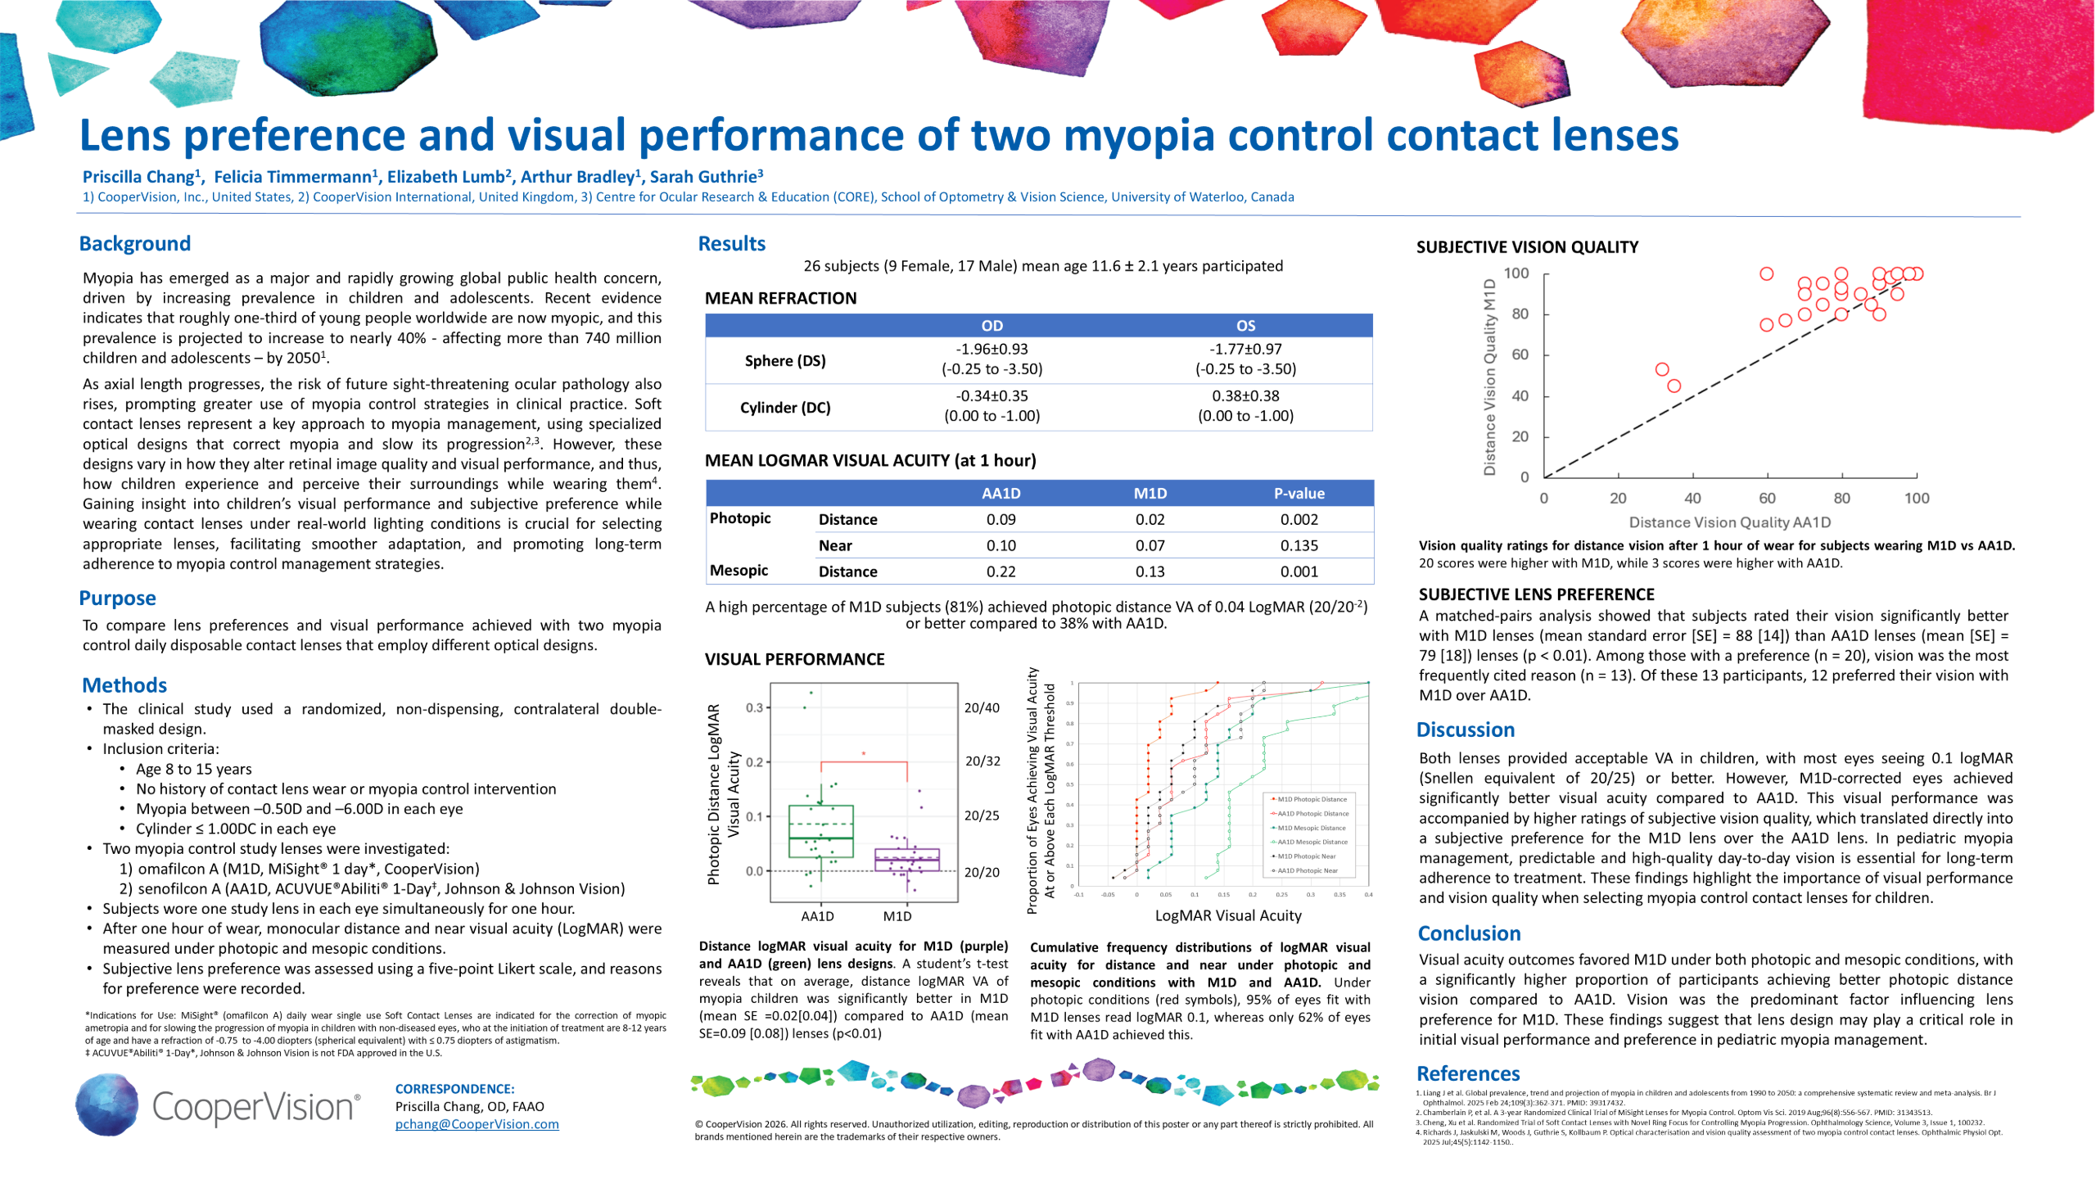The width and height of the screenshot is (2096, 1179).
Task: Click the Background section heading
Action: click(134, 244)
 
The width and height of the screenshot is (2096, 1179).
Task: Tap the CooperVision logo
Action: click(218, 1105)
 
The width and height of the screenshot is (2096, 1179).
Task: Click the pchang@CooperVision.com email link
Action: click(477, 1124)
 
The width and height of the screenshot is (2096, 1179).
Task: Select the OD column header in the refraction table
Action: click(992, 325)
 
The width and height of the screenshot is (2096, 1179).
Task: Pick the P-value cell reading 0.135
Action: click(1299, 545)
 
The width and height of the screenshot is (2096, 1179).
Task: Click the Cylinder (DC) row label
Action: click(784, 408)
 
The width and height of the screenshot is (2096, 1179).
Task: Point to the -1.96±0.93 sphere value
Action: click(992, 349)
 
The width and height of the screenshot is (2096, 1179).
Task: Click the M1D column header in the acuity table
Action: click(1150, 493)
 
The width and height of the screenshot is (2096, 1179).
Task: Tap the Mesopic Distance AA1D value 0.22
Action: click(1001, 571)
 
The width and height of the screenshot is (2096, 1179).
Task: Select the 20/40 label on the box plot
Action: click(982, 708)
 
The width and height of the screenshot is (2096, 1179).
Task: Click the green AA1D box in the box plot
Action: click(820, 831)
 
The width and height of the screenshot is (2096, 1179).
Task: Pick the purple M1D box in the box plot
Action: click(907, 859)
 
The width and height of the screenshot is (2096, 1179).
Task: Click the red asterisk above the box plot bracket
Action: click(863, 753)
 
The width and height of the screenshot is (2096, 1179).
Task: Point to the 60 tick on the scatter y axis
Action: click(1520, 355)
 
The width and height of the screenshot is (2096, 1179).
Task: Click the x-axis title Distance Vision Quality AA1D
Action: click(1729, 522)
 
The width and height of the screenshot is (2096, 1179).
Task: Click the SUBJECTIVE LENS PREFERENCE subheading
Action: click(1536, 594)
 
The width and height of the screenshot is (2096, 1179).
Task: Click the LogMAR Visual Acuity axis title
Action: click(1227, 915)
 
